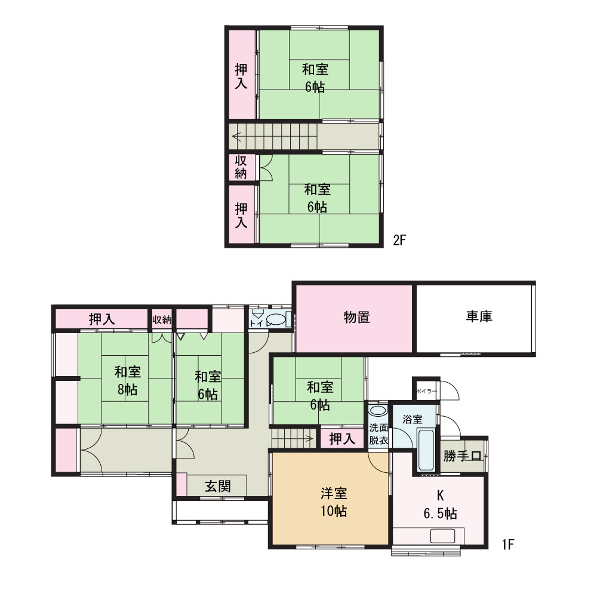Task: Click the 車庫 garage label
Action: pos(479,316)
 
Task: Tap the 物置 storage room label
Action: pos(357,317)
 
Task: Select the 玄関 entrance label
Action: pos(218,486)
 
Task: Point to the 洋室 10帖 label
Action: pos(334,502)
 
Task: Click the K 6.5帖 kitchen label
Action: pos(440,505)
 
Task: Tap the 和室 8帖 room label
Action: pos(128,380)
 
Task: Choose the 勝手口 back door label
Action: pos(463,456)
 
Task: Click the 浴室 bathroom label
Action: pos(413,419)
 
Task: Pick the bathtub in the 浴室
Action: pos(426,450)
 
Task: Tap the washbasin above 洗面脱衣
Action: pos(378,411)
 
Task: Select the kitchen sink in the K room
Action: pos(442,536)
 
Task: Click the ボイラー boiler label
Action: pos(426,391)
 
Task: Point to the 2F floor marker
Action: pos(400,240)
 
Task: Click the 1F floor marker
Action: pos(508,544)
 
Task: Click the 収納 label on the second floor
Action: pos(241,167)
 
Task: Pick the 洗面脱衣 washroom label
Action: pos(378,434)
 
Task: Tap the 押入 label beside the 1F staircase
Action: pos(342,439)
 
